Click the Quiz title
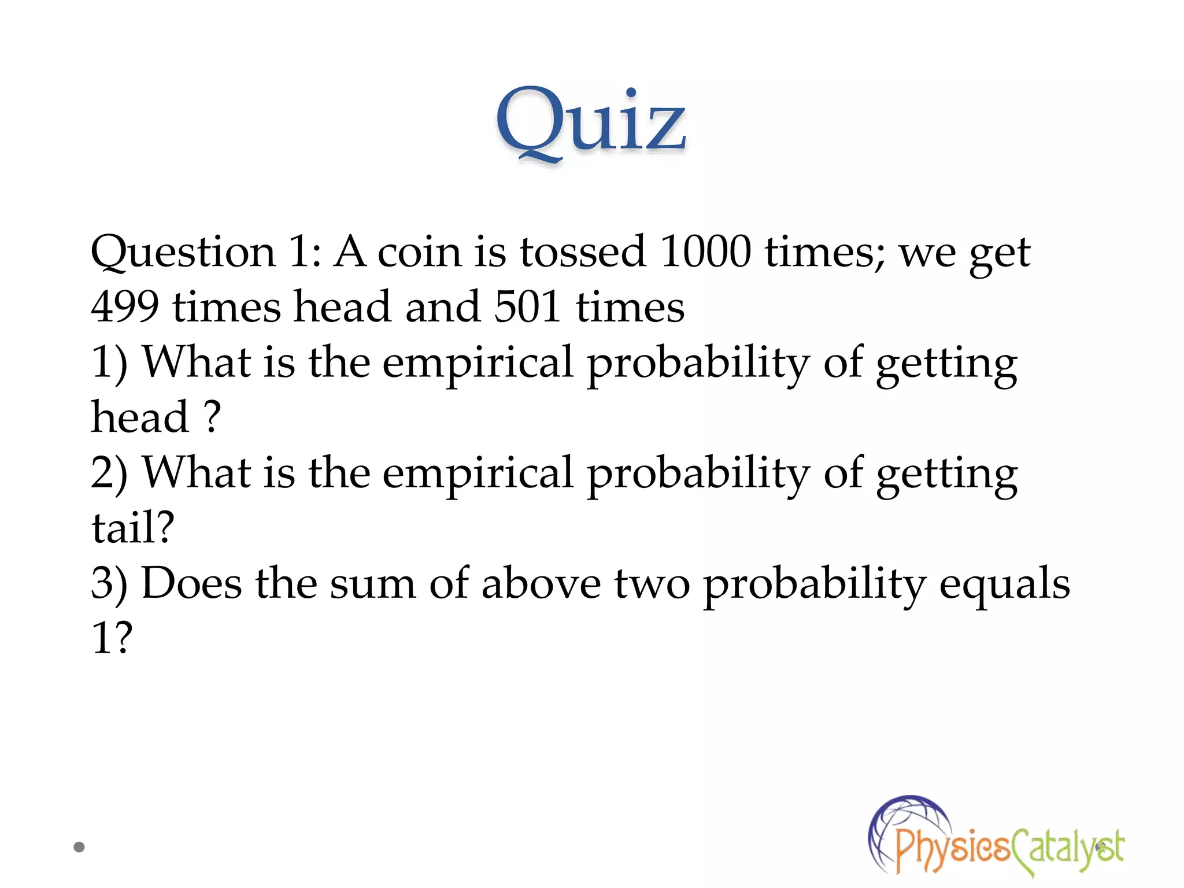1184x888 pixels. pos(591,123)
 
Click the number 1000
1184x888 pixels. pos(705,252)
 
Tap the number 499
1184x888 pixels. pos(125,306)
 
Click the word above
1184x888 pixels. pos(541,583)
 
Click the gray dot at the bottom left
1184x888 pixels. pos(79,847)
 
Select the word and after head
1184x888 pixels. pos(442,306)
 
